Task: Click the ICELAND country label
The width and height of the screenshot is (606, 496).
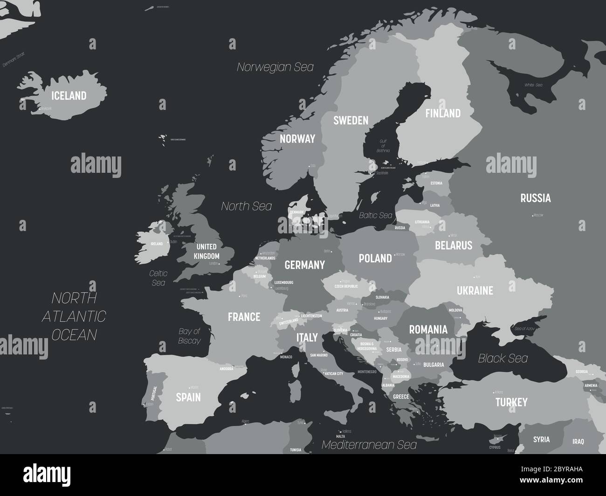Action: tap(69, 96)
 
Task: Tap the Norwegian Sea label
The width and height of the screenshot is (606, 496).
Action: tap(275, 67)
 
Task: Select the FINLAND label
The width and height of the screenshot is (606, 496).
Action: tap(442, 113)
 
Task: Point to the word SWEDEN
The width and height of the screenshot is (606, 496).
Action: tap(351, 121)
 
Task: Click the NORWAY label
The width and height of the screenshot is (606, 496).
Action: tap(297, 139)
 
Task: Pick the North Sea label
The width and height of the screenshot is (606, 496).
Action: tap(246, 206)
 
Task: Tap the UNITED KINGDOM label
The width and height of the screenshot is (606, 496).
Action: tap(207, 251)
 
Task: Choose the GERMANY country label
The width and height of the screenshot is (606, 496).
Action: tap(304, 265)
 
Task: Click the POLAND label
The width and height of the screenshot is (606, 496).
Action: tap(375, 258)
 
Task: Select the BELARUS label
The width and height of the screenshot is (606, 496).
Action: tap(453, 245)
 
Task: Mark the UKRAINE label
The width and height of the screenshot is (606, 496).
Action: tap(475, 291)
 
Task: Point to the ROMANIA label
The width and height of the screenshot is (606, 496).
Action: tap(428, 330)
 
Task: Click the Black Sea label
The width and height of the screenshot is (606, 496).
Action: tap(503, 358)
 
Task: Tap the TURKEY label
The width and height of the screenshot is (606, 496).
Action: tap(511, 402)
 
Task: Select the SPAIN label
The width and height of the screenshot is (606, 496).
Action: tap(188, 397)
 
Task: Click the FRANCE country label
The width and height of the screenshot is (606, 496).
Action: tap(244, 317)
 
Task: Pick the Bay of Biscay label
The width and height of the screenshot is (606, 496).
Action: tap(189, 336)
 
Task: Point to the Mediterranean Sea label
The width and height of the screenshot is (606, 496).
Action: tap(369, 445)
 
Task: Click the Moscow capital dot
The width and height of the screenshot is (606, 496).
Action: tap(533, 216)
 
